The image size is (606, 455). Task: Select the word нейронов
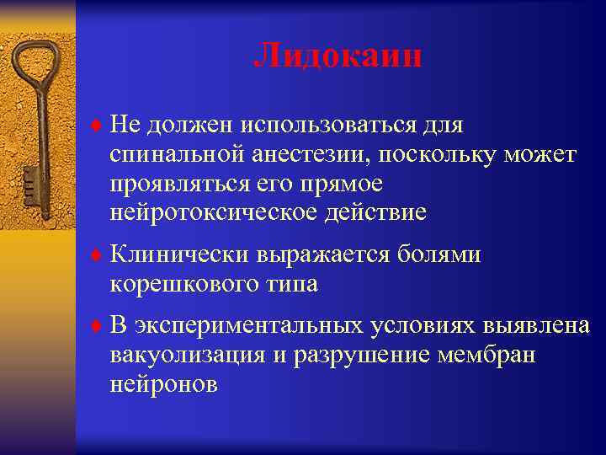pos(163,385)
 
